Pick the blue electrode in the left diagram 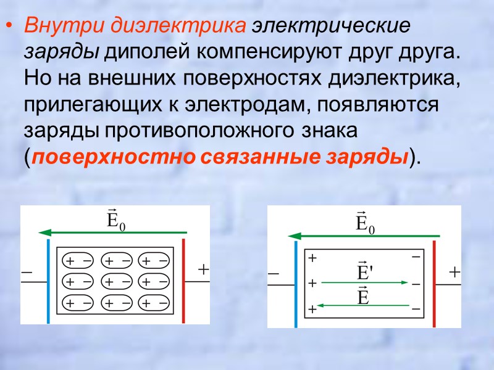coord(48,281)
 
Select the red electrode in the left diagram coord(183,281)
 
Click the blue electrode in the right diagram coord(296,284)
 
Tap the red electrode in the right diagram coord(434,284)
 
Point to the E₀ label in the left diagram coord(115,221)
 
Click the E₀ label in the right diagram coord(366,223)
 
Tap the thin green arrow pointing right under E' coord(364,282)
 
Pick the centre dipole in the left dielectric coord(116,282)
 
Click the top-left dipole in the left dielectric coord(79,261)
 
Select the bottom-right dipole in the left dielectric coord(154,303)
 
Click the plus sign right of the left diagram coord(203,270)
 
